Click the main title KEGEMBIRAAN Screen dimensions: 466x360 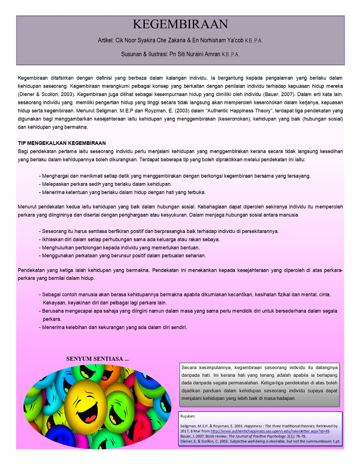pos(180,24)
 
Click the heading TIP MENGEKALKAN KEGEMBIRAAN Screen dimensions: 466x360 pos(62,143)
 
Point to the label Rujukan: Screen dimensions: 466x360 pos(188,416)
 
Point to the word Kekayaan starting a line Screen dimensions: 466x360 pos(55,303)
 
